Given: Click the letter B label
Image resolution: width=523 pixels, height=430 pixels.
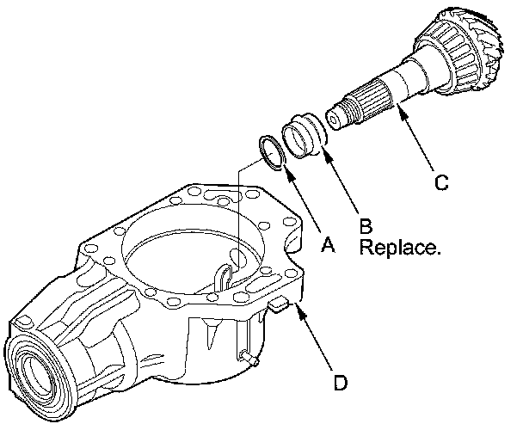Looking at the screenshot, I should tap(366, 225).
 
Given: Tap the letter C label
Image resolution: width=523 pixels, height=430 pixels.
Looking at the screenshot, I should tap(441, 182).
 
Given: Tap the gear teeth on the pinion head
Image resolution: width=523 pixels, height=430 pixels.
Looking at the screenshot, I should tap(486, 39).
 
